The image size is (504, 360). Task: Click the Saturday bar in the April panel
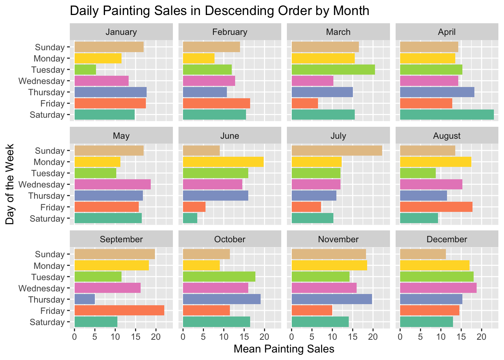[447, 115]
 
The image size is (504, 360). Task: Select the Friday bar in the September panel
[119, 310]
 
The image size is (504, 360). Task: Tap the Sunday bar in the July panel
[336, 151]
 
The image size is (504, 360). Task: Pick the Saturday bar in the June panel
[190, 218]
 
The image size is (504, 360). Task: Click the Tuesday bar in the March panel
[333, 70]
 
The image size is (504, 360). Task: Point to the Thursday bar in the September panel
[85, 299]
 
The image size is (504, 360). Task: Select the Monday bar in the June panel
[223, 162]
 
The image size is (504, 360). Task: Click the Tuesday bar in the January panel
[85, 70]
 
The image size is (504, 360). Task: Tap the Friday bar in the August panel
[436, 207]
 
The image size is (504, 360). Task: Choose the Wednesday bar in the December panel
[438, 288]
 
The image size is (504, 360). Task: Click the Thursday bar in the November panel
[331, 299]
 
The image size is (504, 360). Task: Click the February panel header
[229, 32]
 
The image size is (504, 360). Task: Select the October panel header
[229, 239]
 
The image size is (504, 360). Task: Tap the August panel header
[447, 135]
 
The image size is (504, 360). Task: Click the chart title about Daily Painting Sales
[219, 10]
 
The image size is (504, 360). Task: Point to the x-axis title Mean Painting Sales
[284, 349]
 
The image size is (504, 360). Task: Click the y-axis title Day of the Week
[10, 184]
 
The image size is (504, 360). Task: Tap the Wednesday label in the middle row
[41, 184]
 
